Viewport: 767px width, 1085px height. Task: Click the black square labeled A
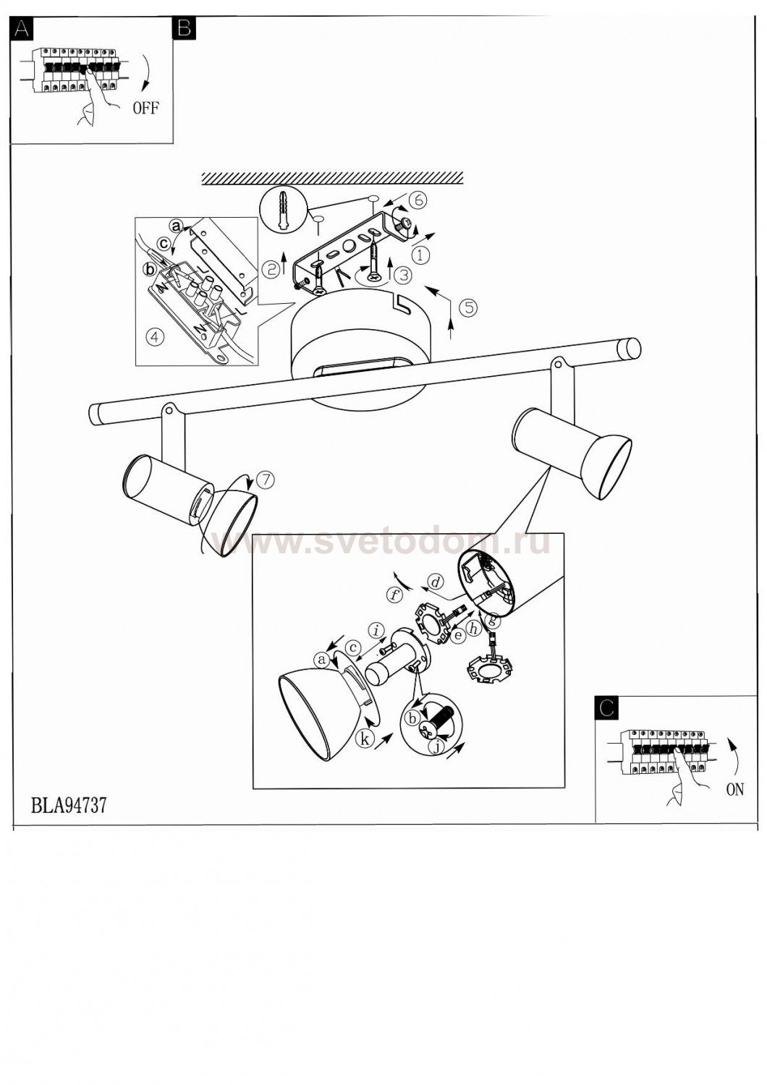21,29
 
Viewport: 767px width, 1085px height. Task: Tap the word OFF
146,107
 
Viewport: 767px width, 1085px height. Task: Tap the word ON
734,789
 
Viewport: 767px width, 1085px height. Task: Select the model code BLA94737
68,805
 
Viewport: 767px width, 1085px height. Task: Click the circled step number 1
420,255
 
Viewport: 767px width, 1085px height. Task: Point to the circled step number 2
271,269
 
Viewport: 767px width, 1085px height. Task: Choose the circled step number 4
155,336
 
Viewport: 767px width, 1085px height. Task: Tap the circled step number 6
418,200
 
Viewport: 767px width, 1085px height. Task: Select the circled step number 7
266,480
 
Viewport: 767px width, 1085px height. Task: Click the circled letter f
395,595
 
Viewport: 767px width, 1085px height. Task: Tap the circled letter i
376,630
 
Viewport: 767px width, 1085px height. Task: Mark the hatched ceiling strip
332,178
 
